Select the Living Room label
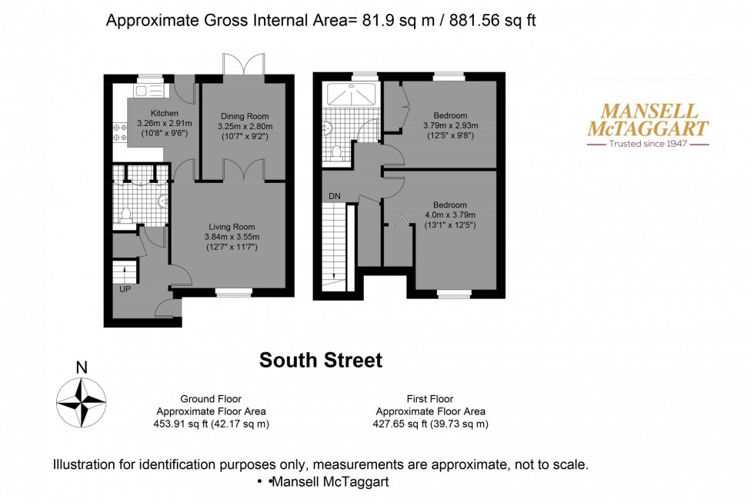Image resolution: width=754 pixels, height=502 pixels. coord(232,227)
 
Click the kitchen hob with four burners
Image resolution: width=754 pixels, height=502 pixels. coord(119,132)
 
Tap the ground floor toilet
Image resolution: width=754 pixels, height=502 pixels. coord(125,214)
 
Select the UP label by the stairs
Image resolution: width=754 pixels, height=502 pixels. coord(125,290)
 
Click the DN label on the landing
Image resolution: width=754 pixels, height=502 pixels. coord(334,197)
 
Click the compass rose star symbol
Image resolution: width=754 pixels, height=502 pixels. coord(81,402)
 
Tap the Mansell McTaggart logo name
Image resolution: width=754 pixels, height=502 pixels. coord(648,120)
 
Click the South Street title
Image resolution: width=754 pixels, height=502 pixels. coord(320,360)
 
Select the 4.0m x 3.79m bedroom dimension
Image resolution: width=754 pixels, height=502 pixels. coord(450,215)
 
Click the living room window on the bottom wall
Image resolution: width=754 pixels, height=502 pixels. coord(233,292)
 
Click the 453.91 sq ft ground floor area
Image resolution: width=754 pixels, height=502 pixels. coord(211,424)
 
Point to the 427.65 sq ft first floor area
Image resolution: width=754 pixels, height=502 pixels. coord(429,424)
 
